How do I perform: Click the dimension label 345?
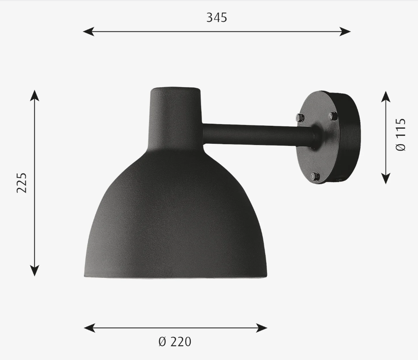(x=216, y=17)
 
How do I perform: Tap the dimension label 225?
(x=22, y=182)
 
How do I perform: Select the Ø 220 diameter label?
(x=175, y=342)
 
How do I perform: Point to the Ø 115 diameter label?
(x=401, y=135)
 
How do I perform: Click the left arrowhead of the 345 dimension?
(x=87, y=31)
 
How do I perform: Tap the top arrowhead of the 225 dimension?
(x=35, y=94)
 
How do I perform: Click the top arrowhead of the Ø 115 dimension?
(x=386, y=96)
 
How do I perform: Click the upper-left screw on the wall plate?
(x=300, y=118)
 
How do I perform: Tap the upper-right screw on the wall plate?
(x=333, y=116)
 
